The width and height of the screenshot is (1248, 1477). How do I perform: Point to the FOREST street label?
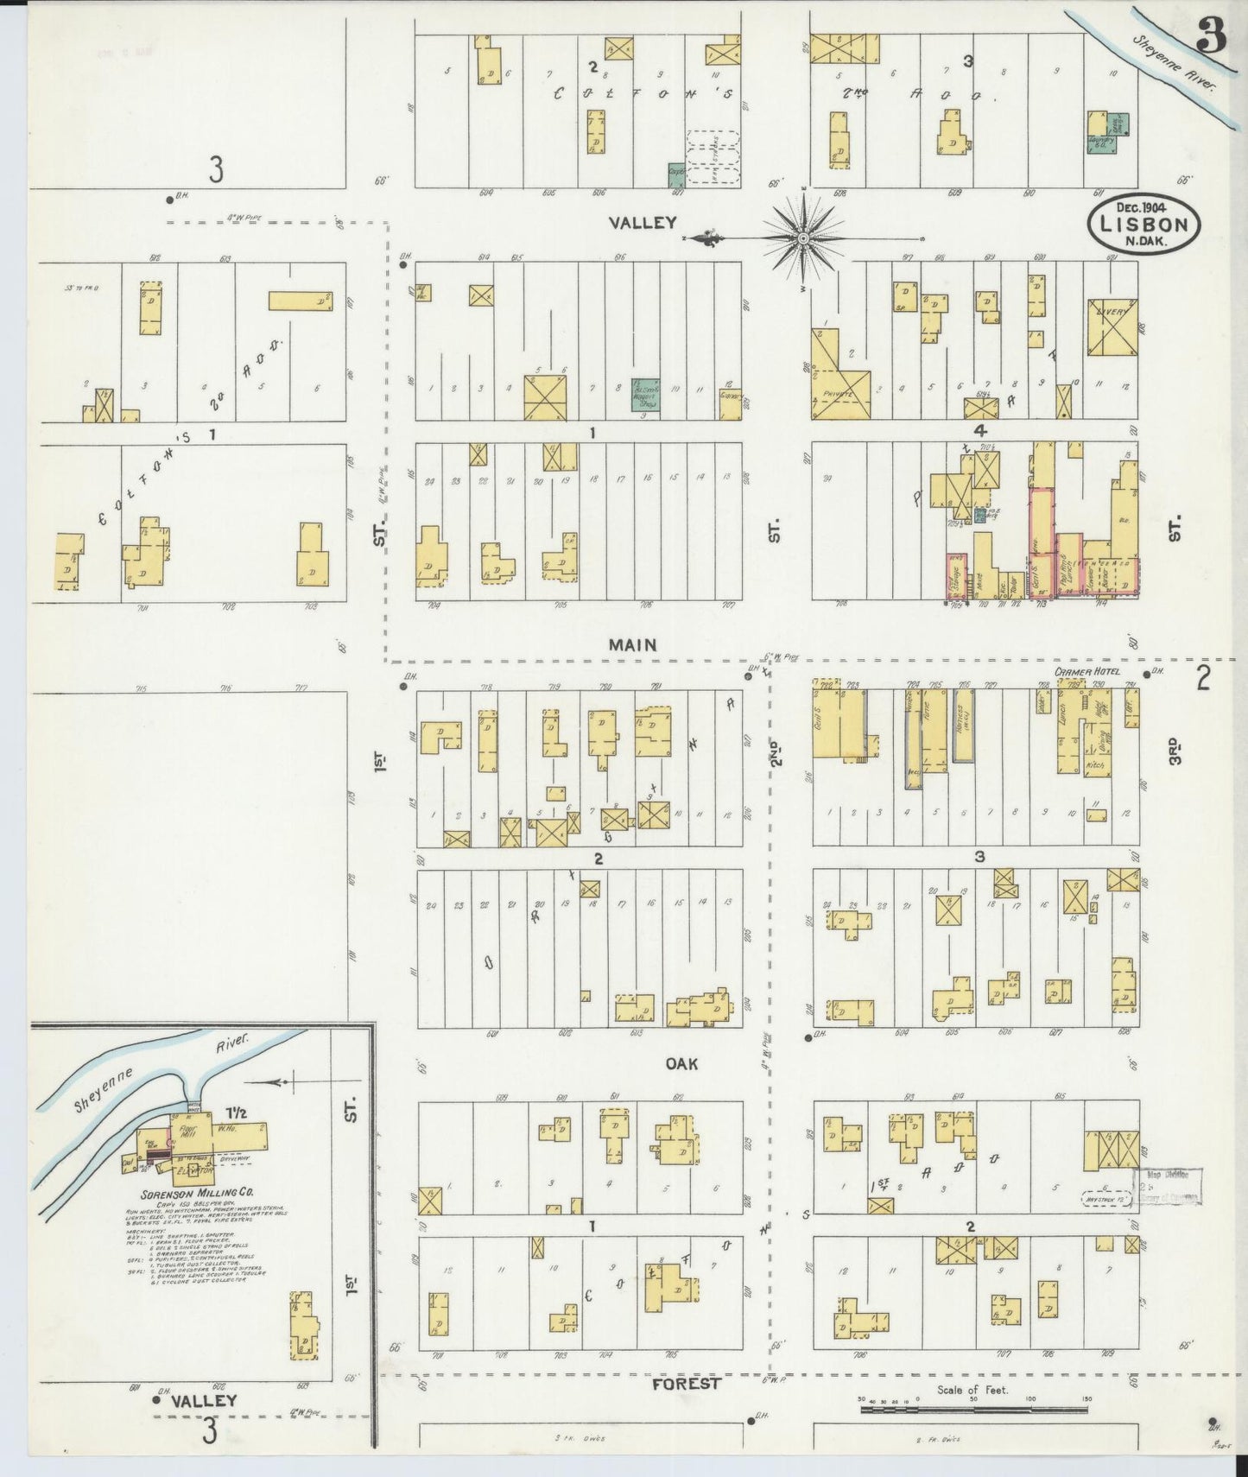(687, 1383)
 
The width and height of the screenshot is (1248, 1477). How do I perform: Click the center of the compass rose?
(804, 237)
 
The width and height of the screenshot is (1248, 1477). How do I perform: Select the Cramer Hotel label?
(1086, 672)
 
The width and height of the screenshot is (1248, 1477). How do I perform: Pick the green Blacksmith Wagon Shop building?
(646, 394)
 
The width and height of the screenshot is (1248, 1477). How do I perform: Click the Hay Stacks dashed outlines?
(713, 158)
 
